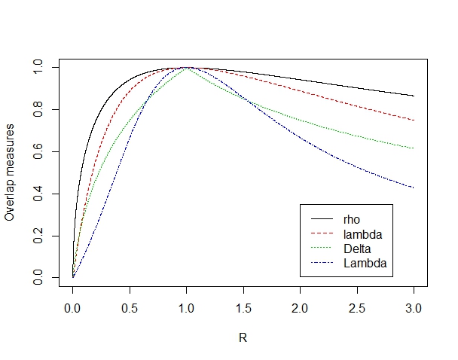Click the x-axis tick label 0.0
point(73,307)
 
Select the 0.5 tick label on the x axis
point(130,307)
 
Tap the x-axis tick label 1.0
point(187,307)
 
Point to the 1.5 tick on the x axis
point(243,307)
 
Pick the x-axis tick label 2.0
point(301,307)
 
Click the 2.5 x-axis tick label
point(357,307)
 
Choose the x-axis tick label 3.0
point(414,307)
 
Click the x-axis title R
point(243,337)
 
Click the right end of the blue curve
point(414,188)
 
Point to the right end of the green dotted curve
point(414,148)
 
